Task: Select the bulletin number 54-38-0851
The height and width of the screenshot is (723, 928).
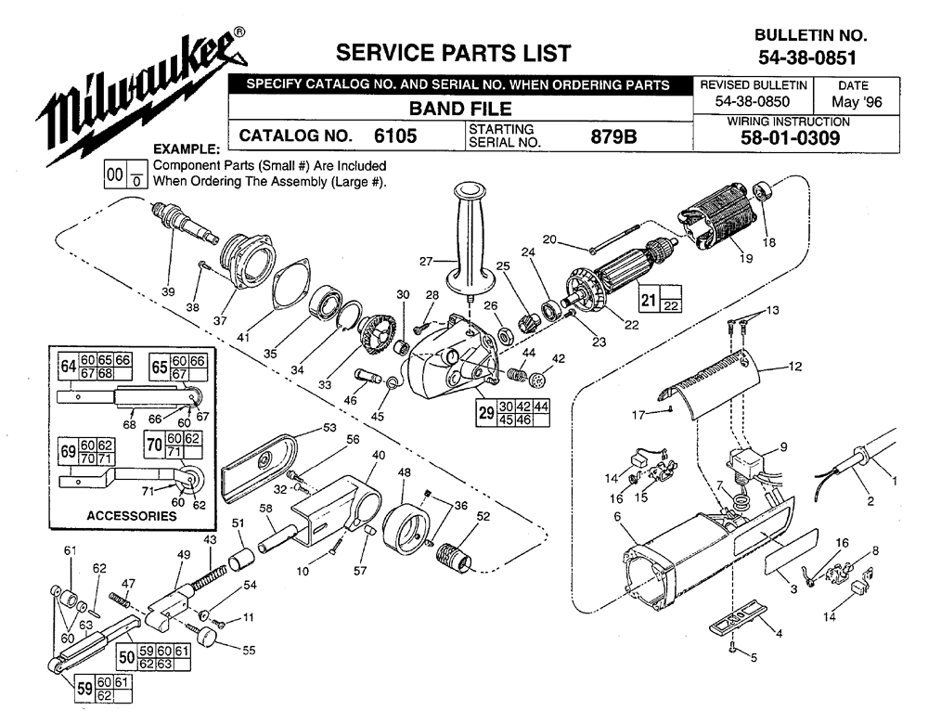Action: (807, 58)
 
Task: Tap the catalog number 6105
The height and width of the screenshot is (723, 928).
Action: (395, 136)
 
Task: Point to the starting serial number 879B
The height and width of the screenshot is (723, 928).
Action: (613, 136)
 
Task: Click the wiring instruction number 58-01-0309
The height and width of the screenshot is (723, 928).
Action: (790, 138)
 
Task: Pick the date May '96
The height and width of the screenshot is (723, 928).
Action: (857, 102)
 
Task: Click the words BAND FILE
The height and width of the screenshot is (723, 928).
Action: (460, 109)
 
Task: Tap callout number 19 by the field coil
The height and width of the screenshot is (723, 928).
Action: (746, 258)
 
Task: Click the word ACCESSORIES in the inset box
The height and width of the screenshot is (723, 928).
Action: (132, 516)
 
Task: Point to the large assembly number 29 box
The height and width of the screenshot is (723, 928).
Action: (486, 412)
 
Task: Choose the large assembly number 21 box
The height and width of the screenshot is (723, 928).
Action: (649, 299)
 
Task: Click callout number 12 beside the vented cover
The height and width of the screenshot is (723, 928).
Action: (795, 367)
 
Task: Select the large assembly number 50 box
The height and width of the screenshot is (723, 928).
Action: (126, 657)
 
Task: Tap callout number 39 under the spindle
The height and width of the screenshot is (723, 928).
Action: (168, 291)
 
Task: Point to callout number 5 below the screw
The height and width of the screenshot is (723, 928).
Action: (754, 657)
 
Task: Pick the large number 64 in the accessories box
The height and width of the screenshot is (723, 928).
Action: (68, 367)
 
